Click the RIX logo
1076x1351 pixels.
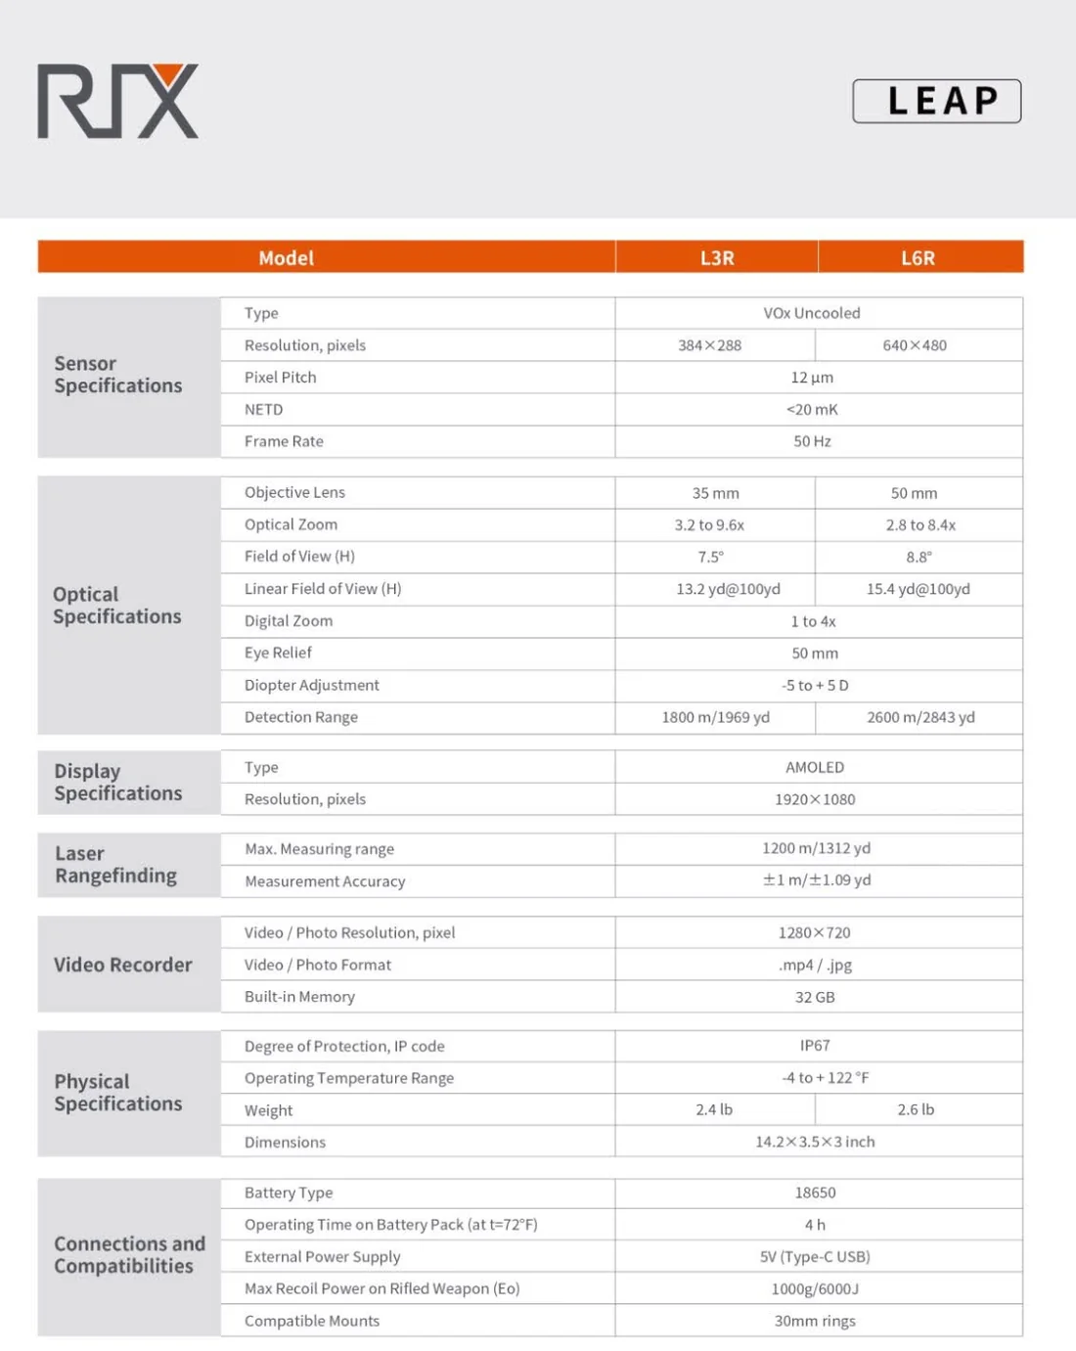(x=118, y=101)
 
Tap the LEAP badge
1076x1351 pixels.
(x=937, y=101)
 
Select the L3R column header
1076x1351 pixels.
(x=717, y=258)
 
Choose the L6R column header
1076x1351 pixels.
(x=918, y=258)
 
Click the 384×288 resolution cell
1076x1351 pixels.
(x=710, y=345)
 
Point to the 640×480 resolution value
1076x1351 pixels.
(x=915, y=345)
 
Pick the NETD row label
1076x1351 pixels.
(x=264, y=410)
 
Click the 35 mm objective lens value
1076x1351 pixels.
(x=715, y=493)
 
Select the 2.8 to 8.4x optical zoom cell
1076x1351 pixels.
(x=920, y=525)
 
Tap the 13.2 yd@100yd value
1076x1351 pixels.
(x=728, y=589)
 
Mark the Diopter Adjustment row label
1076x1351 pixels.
(x=312, y=686)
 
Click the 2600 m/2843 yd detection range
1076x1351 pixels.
(x=920, y=717)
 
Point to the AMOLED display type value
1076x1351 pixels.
(x=815, y=768)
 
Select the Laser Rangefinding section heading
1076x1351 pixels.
(x=115, y=865)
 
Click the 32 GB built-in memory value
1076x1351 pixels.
(x=815, y=997)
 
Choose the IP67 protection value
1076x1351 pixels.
(x=815, y=1046)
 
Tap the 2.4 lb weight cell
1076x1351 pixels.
(x=714, y=1109)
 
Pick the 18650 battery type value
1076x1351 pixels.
(x=815, y=1193)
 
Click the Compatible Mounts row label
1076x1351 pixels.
(x=312, y=1321)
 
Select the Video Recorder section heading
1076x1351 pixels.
(x=123, y=965)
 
